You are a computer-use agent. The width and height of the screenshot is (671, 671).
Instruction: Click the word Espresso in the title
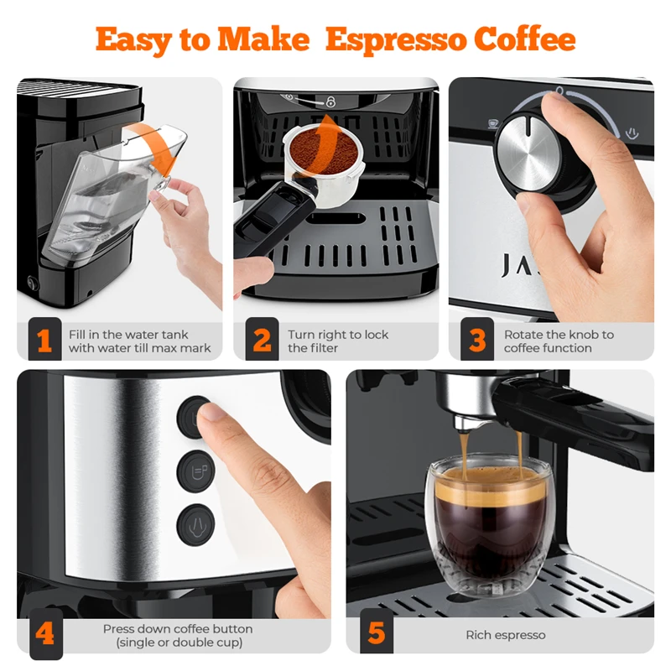[396, 39]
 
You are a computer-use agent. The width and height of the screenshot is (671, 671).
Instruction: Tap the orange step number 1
[44, 341]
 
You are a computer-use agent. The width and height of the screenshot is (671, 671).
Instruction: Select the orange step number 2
[262, 341]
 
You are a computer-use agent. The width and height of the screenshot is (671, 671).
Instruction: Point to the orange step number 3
[477, 341]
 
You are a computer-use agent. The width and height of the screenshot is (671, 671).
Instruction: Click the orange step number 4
[44, 633]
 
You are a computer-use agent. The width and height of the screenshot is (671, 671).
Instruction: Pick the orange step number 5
[376, 633]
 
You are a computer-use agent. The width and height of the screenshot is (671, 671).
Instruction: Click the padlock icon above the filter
[330, 101]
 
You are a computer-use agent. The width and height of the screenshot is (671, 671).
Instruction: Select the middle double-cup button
[196, 471]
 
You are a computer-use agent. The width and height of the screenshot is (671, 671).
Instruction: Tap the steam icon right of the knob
[632, 133]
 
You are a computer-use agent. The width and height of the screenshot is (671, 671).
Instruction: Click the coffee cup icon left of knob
[493, 123]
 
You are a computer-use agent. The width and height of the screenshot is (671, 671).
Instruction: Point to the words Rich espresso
[506, 635]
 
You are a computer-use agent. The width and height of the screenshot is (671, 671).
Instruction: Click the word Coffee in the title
[525, 39]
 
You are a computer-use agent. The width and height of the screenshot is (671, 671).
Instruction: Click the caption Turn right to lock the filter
[338, 341]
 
